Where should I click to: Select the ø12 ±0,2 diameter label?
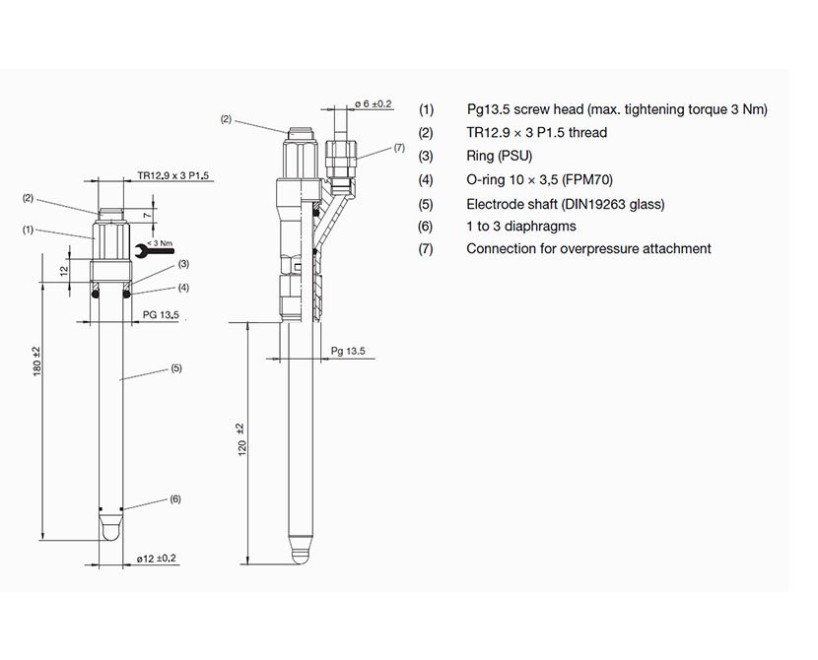(x=156, y=559)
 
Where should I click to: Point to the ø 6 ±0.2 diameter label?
(x=373, y=102)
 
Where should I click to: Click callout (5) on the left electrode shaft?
(x=175, y=368)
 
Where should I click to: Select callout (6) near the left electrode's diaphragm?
(x=174, y=499)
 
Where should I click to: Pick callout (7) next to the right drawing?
(x=398, y=147)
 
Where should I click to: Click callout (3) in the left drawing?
(x=183, y=264)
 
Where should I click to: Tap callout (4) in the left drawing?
(x=183, y=287)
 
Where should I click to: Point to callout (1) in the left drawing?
(x=28, y=229)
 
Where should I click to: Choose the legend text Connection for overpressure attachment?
(x=588, y=249)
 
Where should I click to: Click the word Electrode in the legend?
(x=496, y=204)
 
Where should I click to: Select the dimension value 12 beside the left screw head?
(x=63, y=270)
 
